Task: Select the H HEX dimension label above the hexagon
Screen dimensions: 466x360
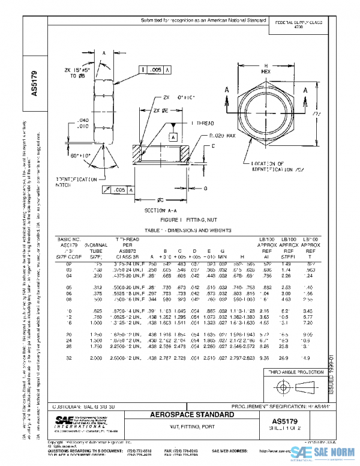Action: click(x=266, y=68)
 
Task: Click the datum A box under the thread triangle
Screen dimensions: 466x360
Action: click(x=174, y=137)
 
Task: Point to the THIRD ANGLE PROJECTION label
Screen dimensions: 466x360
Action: click(x=297, y=373)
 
